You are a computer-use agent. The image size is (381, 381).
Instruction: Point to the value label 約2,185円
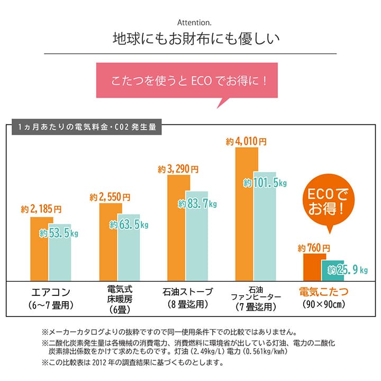[42, 210]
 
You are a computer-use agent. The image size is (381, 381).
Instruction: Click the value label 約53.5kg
[59, 233]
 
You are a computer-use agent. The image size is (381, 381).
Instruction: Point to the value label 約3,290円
[178, 170]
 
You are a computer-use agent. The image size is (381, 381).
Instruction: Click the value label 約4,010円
[246, 142]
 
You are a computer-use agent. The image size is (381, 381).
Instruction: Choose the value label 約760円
[314, 248]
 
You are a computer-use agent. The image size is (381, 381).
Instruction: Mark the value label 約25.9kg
[347, 270]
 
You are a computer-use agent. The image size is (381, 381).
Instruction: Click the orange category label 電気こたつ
[324, 292]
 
